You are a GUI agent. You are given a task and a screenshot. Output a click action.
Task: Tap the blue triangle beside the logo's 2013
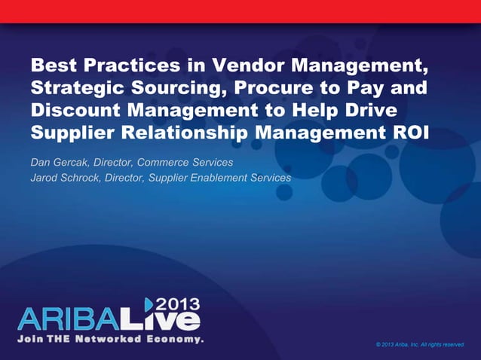pyautogui.click(x=149, y=304)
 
